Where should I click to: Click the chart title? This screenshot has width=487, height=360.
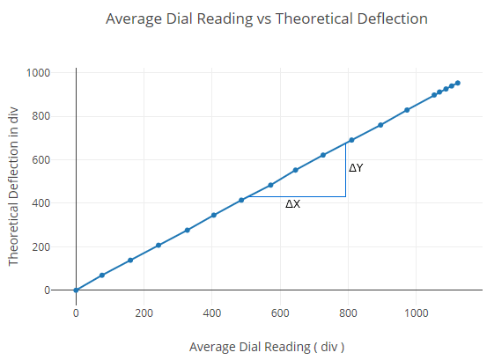point(267,18)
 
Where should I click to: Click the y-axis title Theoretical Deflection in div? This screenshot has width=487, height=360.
point(13,187)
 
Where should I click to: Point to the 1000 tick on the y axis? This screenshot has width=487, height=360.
point(38,73)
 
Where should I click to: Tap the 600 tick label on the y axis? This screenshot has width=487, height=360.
point(41,160)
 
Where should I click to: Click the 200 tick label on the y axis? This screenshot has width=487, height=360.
point(41,247)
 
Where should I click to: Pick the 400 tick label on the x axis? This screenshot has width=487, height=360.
point(212,312)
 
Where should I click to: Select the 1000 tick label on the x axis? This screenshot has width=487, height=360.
point(417,312)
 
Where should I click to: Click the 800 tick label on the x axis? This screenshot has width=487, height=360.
point(348,312)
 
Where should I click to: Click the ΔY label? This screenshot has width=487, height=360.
point(356,167)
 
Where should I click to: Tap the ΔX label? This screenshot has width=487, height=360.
point(292,204)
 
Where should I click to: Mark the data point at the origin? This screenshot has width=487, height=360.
point(76,290)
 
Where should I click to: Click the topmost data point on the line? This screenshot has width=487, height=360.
point(457,83)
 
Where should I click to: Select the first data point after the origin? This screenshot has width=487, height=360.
point(102,276)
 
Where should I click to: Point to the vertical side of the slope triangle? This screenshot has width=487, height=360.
point(346,170)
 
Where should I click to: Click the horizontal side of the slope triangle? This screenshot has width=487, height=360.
point(297,196)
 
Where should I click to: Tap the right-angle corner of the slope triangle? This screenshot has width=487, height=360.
point(346,196)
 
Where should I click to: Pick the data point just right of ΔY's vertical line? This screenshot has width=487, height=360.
point(351,140)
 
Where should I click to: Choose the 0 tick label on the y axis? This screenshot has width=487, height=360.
point(48,290)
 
